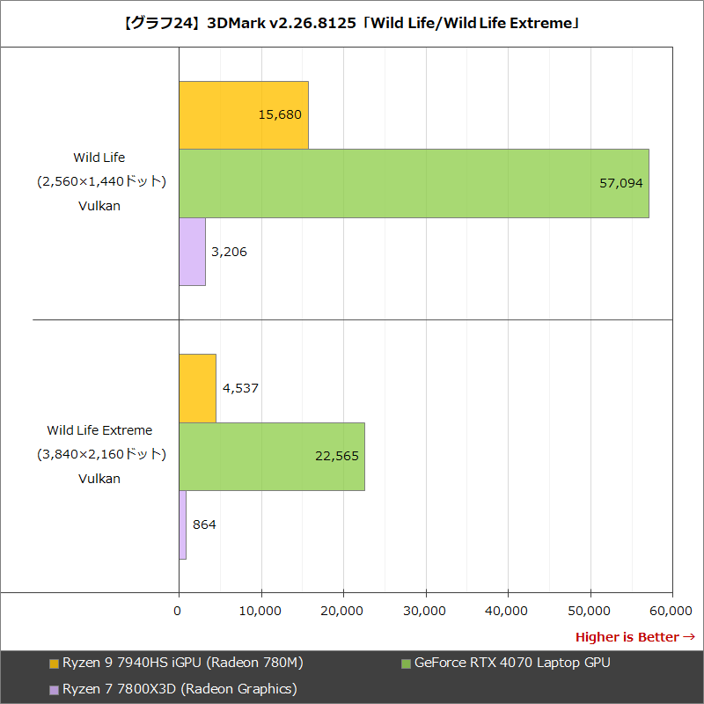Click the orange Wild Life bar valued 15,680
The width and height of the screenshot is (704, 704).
click(244, 114)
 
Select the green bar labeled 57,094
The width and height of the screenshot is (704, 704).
click(414, 183)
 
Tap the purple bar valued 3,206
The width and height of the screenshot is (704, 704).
click(192, 252)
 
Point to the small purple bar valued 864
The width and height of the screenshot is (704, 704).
click(182, 524)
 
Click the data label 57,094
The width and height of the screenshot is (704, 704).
click(621, 183)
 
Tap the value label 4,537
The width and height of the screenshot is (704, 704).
click(240, 387)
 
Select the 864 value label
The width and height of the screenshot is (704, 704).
click(204, 524)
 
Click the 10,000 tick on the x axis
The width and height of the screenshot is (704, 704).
click(260, 610)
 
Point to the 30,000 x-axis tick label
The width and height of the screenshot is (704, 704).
click(426, 610)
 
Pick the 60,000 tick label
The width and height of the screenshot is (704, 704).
click(672, 610)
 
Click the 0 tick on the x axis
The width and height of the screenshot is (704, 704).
click(179, 610)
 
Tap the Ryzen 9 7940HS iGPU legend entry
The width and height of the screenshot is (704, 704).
click(176, 663)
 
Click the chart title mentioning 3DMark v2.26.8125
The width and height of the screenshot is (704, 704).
click(352, 24)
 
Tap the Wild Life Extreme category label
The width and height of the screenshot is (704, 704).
click(99, 430)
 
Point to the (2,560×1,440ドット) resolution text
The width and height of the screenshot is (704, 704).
click(101, 181)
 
